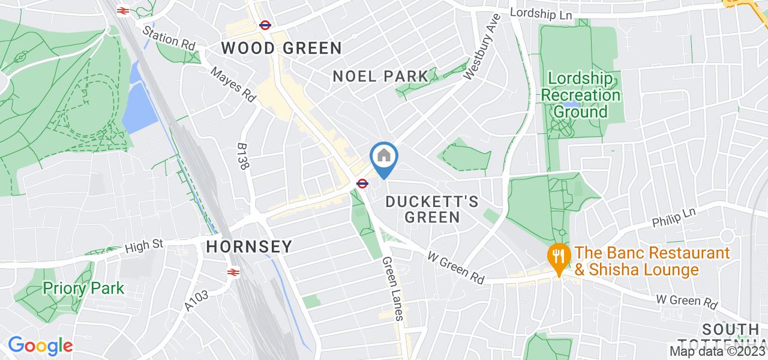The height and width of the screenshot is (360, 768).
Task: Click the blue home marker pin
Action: tap(384, 158)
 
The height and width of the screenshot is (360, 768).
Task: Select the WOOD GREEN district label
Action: tap(281, 49)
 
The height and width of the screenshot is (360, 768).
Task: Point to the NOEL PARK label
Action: tap(381, 76)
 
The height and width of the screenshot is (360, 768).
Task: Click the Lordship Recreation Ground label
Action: tap(580, 95)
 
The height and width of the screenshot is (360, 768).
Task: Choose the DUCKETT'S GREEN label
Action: tap(432, 209)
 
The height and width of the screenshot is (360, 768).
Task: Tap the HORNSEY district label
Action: tap(249, 247)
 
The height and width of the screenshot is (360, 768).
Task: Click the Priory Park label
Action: tap(83, 288)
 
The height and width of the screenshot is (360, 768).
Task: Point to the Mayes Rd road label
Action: tap(233, 83)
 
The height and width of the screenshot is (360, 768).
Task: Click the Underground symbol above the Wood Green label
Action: tap(263, 25)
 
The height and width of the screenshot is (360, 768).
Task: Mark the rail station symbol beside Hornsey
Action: tap(233, 272)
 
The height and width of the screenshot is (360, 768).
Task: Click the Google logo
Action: tap(40, 346)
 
